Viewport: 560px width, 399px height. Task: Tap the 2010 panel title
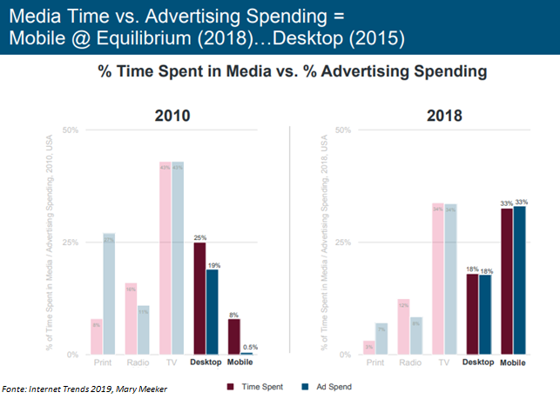point(173,116)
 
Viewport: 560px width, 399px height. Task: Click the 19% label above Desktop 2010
point(213,264)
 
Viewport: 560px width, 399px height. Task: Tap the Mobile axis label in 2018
point(513,362)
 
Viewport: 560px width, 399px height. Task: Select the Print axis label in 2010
point(103,362)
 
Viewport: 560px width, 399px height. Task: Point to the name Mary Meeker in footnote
point(143,389)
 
